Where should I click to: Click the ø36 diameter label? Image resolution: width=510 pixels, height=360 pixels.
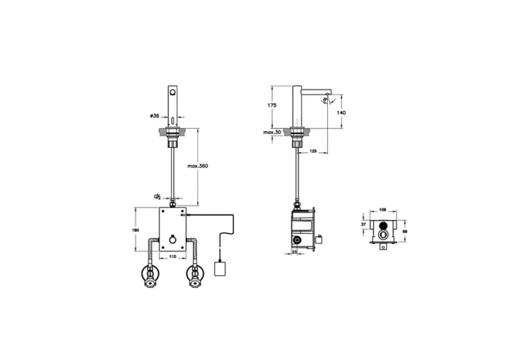pyautogui.click(x=154, y=116)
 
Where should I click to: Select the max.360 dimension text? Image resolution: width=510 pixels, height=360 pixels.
pyautogui.click(x=198, y=167)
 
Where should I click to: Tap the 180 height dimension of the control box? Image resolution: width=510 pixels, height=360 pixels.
pyautogui.click(x=135, y=230)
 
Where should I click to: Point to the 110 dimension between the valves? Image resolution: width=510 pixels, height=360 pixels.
pyautogui.click(x=173, y=257)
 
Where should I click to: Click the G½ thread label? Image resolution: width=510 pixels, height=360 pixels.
pyautogui.click(x=157, y=197)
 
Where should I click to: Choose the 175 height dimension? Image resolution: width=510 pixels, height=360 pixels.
pyautogui.click(x=272, y=106)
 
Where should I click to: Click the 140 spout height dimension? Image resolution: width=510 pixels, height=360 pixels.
pyautogui.click(x=342, y=113)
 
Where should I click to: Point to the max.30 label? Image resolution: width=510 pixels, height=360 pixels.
pyautogui.click(x=272, y=133)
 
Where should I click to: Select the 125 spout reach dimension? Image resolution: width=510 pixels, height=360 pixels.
pyautogui.click(x=313, y=152)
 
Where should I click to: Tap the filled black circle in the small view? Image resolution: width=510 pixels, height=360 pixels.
pyautogui.click(x=381, y=236)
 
